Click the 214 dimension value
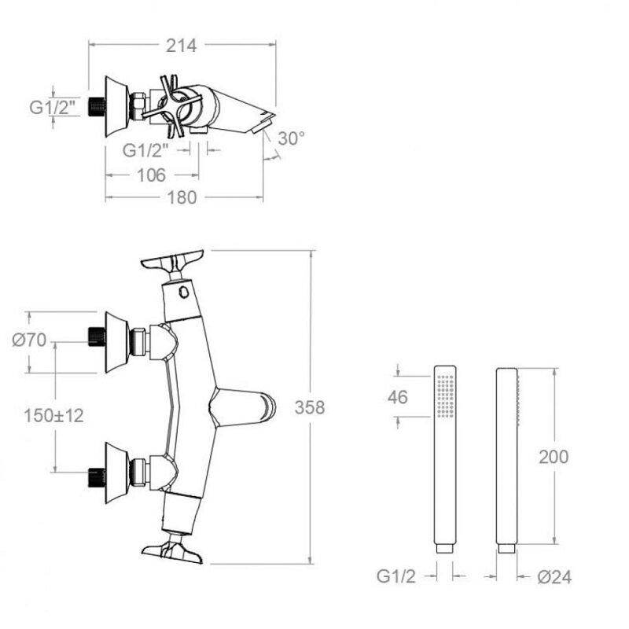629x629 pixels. [x=182, y=46]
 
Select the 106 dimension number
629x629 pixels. [x=151, y=175]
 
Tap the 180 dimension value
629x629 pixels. [x=182, y=197]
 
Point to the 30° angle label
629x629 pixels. [x=291, y=138]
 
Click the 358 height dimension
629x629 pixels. [x=310, y=407]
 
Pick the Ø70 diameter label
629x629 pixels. [x=29, y=340]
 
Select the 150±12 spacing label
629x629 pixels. [x=53, y=415]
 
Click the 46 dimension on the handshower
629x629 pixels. [x=398, y=397]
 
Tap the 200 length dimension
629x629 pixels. [x=554, y=457]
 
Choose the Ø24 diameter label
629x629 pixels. [x=554, y=577]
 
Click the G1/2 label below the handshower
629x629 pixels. [x=396, y=576]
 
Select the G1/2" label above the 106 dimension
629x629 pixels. [x=145, y=150]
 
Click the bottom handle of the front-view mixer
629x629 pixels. [x=172, y=548]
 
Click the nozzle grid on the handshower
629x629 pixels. [x=446, y=396]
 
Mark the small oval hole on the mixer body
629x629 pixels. [x=184, y=291]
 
